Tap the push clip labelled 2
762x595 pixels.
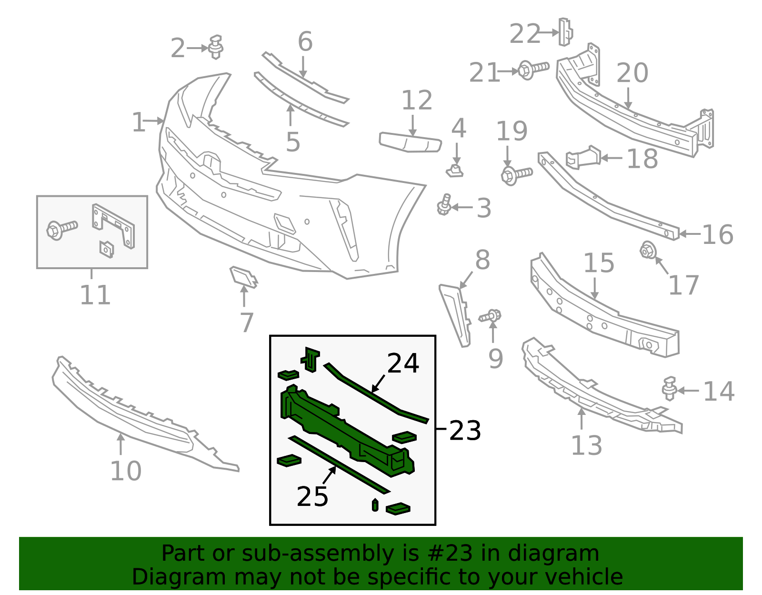pos(216,47)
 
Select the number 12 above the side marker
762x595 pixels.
pos(417,101)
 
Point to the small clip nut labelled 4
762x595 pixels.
pos(455,170)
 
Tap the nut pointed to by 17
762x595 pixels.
pos(647,250)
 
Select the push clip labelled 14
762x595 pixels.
pos(670,388)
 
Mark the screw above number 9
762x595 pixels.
pos(491,316)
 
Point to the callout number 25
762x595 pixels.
pos(312,496)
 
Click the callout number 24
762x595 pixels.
pos(403,363)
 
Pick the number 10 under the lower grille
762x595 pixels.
pos(126,471)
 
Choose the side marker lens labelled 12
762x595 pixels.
pos(410,142)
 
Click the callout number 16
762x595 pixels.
pos(717,235)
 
